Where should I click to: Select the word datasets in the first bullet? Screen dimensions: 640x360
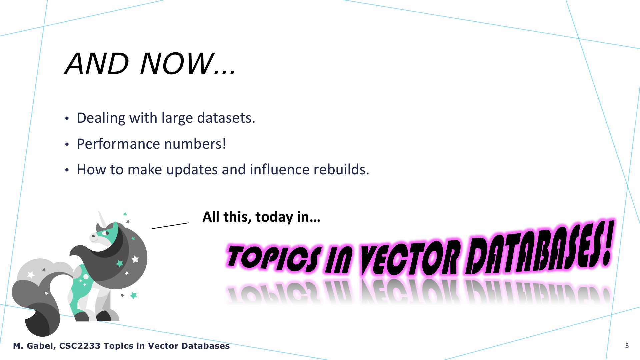click(x=226, y=118)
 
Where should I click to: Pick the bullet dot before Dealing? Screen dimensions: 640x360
click(x=67, y=119)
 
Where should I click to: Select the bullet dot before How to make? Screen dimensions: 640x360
click(x=67, y=171)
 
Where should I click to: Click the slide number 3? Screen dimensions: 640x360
click(x=627, y=346)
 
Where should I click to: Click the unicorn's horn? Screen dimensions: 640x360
click(x=102, y=219)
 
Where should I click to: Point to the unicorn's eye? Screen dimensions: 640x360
click(x=107, y=233)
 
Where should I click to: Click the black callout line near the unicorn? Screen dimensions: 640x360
click(x=170, y=226)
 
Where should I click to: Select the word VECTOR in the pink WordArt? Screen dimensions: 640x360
click(x=410, y=258)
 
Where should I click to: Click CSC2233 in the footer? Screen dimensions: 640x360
click(x=80, y=346)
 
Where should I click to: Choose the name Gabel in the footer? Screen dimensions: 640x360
click(x=41, y=346)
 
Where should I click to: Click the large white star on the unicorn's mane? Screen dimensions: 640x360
click(x=135, y=259)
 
